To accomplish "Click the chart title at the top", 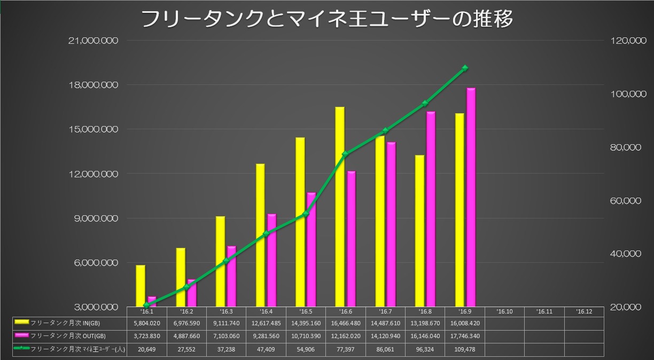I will (327, 19).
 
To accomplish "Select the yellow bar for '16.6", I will (340, 206).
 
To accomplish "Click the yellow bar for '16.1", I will (141, 285).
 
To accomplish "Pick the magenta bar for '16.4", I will (271, 260).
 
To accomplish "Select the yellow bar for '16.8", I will (419, 230).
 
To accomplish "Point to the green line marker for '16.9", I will (465, 68).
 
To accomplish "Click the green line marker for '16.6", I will (345, 154).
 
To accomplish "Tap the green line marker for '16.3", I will (226, 261).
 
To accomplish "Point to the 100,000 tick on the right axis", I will (624, 94).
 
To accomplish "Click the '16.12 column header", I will (584, 311).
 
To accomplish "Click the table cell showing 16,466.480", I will (346, 323).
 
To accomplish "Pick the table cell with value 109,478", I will (465, 348).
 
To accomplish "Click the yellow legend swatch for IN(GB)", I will (22, 323).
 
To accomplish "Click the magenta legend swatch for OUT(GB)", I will (22, 335).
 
